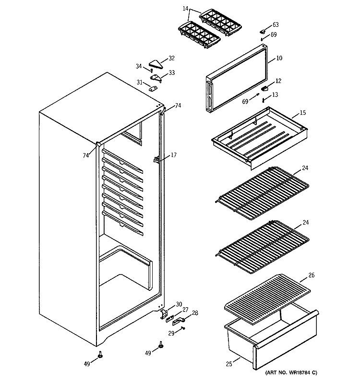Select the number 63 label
pyautogui.click(x=276, y=24)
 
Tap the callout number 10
pyautogui.click(x=279, y=59)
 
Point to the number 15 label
pyautogui.click(x=303, y=113)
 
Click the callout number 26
pyautogui.click(x=311, y=276)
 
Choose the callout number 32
pyautogui.click(x=171, y=59)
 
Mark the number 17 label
pyautogui.click(x=173, y=155)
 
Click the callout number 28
pyautogui.click(x=194, y=313)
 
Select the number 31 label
pyautogui.click(x=140, y=82)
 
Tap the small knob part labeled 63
pyautogui.click(x=263, y=31)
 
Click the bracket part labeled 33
pyautogui.click(x=156, y=77)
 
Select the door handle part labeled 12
pyautogui.click(x=264, y=88)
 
